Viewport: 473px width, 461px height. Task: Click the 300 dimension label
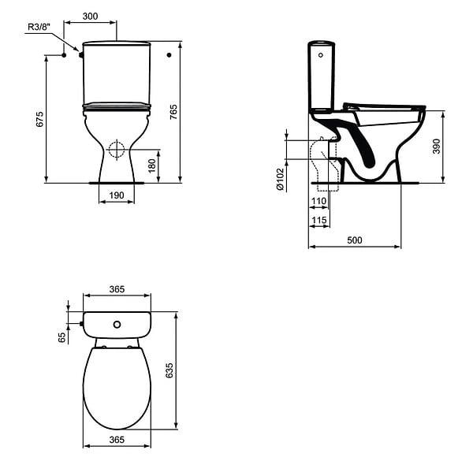[x=90, y=16]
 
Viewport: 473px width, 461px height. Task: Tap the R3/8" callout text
[x=39, y=27]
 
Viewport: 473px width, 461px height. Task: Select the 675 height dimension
[x=40, y=120]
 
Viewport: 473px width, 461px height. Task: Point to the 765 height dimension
[x=173, y=112]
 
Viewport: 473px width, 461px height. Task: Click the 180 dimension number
[x=152, y=165]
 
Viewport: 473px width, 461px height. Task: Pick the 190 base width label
[x=117, y=195]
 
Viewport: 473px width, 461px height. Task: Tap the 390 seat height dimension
[x=437, y=147]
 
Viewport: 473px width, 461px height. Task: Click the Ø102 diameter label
[x=280, y=179]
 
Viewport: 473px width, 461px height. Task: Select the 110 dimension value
[x=318, y=201]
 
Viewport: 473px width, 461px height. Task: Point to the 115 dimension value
[x=318, y=220]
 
